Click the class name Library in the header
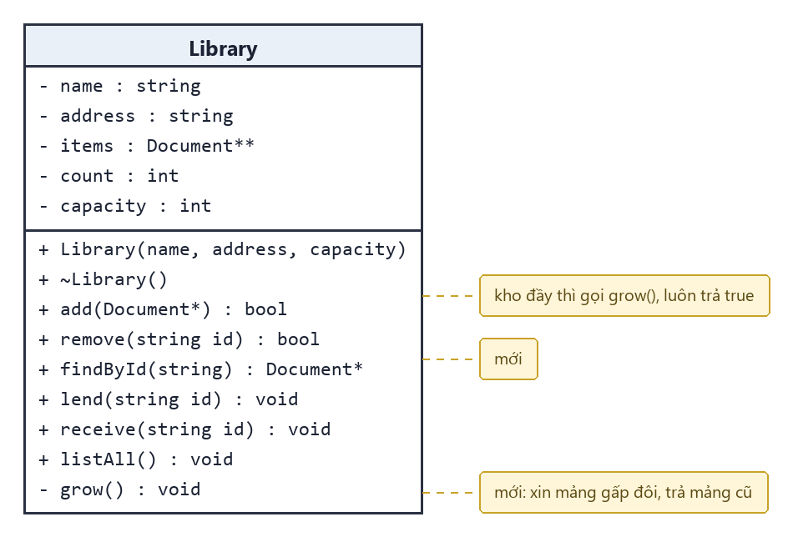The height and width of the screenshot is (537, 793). [223, 49]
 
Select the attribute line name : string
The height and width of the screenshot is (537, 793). [120, 87]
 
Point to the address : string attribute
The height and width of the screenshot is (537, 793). [137, 116]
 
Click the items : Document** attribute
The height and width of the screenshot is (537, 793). [147, 146]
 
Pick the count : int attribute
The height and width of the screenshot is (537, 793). [109, 176]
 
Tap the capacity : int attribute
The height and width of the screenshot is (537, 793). [125, 206]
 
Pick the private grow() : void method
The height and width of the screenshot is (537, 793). [120, 489]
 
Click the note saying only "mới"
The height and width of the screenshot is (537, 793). [508, 359]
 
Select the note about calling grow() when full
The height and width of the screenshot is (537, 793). [624, 295]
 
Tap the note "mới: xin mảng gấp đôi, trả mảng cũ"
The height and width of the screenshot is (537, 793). [624, 493]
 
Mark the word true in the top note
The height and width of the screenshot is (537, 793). [739, 295]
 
